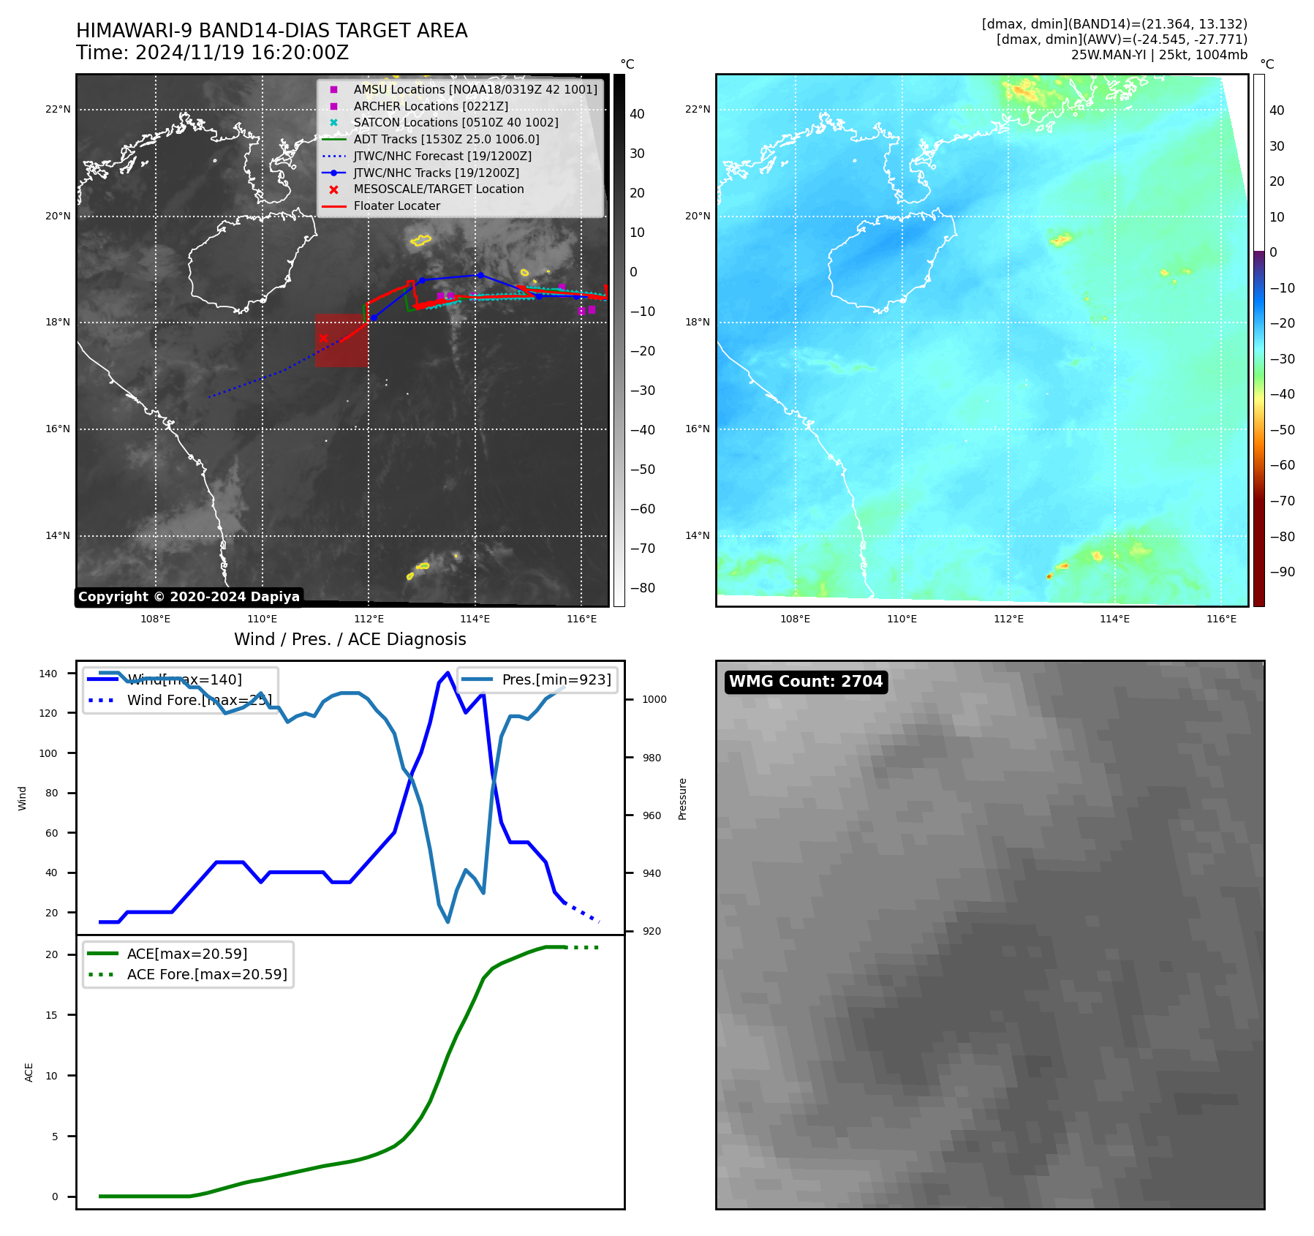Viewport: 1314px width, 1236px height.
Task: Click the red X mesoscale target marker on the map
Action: click(323, 338)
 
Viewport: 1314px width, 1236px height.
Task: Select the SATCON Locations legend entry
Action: click(455, 123)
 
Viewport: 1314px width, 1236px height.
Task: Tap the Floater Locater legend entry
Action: click(396, 206)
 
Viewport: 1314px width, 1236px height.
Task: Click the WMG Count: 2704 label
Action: click(806, 682)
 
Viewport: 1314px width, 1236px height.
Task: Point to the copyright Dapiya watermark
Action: click(189, 597)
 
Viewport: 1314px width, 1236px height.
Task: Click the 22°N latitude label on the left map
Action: click(58, 110)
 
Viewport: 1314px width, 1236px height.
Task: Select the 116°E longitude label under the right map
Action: click(1221, 619)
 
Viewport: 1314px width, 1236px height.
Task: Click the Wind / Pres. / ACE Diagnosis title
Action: click(350, 639)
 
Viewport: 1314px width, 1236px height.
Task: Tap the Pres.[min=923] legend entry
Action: click(556, 679)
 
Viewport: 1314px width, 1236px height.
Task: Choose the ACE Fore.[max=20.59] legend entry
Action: click(207, 974)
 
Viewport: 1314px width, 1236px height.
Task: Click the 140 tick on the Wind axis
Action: click(48, 674)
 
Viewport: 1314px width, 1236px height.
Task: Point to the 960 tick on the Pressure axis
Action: click(652, 815)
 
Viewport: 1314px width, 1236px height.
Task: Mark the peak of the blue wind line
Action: click(448, 673)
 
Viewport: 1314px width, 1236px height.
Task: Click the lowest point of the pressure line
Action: click(448, 922)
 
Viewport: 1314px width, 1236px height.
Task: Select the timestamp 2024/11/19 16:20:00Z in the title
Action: click(241, 53)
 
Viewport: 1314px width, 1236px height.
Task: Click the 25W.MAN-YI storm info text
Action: click(1159, 55)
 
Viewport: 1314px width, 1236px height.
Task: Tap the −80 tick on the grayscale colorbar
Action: click(643, 588)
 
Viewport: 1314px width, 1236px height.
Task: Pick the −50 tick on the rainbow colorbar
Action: click(1282, 430)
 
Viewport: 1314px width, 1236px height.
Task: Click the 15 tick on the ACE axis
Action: click(52, 1015)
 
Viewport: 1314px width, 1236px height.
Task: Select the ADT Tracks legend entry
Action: click(446, 140)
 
